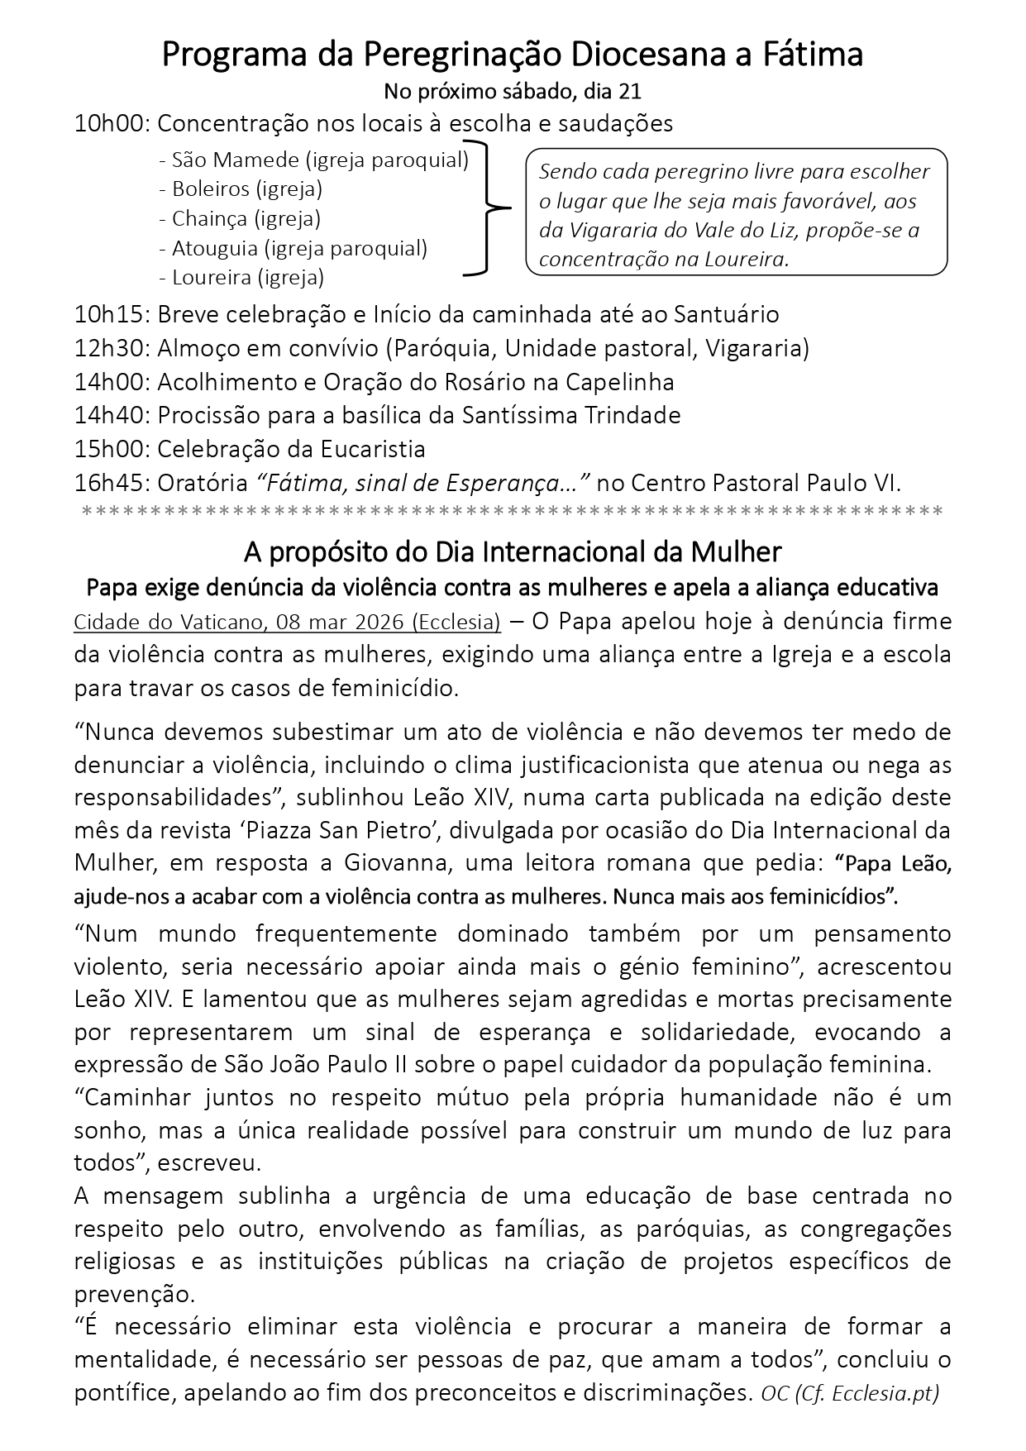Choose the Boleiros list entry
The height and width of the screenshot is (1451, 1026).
[x=210, y=189]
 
